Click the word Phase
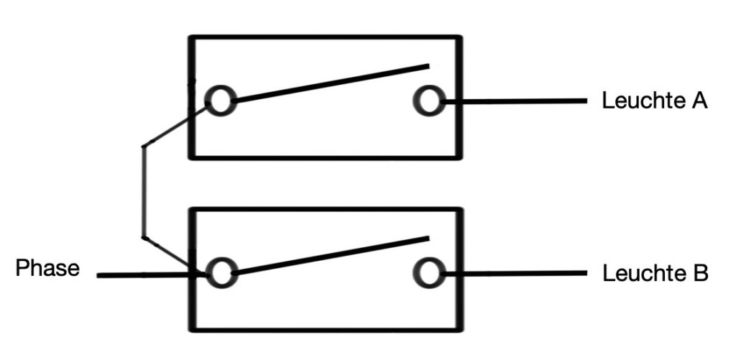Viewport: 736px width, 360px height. point(47,269)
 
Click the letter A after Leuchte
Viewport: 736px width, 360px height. point(699,101)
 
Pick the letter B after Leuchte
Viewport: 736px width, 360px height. point(699,274)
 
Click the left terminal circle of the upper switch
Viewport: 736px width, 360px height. point(220,101)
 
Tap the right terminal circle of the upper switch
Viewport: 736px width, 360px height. point(429,101)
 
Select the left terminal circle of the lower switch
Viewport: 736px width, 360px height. point(221,273)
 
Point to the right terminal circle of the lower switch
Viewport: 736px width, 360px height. point(429,273)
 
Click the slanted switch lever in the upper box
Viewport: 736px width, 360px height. point(331,83)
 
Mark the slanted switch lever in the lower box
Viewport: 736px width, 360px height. point(331,255)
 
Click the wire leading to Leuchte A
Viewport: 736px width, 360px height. point(514,101)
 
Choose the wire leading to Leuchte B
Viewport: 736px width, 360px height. point(514,273)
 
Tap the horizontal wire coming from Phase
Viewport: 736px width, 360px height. point(151,275)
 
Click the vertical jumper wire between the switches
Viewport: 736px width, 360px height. point(144,193)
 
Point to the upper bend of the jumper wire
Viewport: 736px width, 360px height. point(144,147)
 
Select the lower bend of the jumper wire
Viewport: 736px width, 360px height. point(144,239)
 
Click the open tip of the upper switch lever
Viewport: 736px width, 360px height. point(428,65)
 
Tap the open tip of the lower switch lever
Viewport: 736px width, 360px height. point(428,239)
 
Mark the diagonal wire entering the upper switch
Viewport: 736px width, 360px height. point(175,126)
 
